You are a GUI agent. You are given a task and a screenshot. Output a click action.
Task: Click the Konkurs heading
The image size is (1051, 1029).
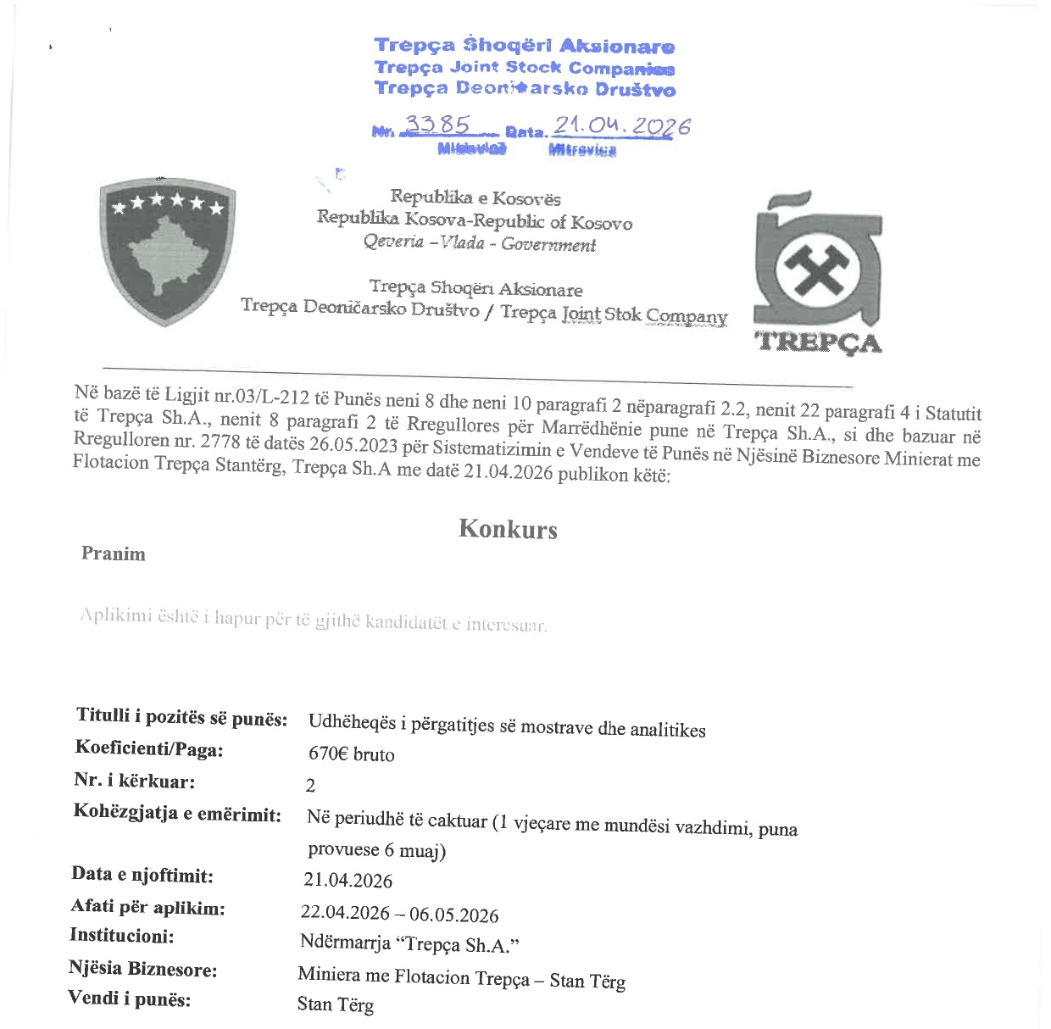pyautogui.click(x=508, y=529)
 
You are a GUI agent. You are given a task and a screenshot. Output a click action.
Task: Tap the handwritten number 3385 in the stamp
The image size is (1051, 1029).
pyautogui.click(x=437, y=125)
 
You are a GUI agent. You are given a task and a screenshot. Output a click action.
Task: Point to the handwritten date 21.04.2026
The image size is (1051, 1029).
pyautogui.click(x=621, y=126)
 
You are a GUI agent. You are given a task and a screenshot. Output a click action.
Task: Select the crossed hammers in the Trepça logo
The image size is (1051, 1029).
pyautogui.click(x=818, y=270)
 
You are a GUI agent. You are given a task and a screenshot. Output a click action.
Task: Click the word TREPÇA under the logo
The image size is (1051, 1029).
pyautogui.click(x=818, y=342)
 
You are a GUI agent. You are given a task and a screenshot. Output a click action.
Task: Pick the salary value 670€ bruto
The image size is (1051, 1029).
pyautogui.click(x=352, y=754)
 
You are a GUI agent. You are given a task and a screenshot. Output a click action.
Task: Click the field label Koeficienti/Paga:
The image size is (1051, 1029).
pyautogui.click(x=149, y=748)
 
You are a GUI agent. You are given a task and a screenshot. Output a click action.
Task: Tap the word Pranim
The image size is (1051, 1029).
pyautogui.click(x=114, y=553)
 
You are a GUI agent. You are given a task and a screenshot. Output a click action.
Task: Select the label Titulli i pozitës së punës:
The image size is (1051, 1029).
pyautogui.click(x=181, y=717)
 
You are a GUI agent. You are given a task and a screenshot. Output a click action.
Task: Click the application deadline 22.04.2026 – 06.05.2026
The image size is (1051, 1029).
pyautogui.click(x=399, y=914)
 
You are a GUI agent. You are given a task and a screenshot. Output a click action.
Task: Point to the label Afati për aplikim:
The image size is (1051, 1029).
pyautogui.click(x=148, y=907)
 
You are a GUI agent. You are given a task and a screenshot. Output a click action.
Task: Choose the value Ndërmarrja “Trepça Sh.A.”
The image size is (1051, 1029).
pyautogui.click(x=409, y=943)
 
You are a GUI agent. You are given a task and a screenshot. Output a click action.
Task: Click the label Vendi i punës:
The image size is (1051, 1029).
pyautogui.click(x=130, y=998)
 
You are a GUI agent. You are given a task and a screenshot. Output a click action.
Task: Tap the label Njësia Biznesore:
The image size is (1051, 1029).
pyautogui.click(x=143, y=968)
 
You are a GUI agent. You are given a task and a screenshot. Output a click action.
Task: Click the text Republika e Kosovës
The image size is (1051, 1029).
pyautogui.click(x=475, y=198)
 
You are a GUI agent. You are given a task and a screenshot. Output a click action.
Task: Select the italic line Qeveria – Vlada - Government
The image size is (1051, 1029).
pyautogui.click(x=480, y=243)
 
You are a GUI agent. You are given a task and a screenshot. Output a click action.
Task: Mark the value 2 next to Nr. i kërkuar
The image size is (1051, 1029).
pyautogui.click(x=310, y=786)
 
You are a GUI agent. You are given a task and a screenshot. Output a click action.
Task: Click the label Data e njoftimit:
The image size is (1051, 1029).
pyautogui.click(x=142, y=875)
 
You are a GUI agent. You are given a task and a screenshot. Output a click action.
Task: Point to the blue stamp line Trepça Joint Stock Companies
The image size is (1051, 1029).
pyautogui.click(x=525, y=68)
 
